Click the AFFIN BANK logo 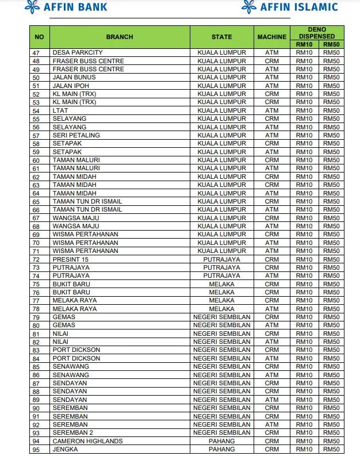[66, 7]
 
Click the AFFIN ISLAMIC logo [289, 7]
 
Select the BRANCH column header [120, 37]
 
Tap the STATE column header [221, 37]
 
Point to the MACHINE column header [271, 37]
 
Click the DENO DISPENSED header [317, 33]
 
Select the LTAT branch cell [60, 110]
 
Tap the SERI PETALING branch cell [76, 135]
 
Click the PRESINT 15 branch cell [71, 259]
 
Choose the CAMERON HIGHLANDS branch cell [87, 441]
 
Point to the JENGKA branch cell [65, 449]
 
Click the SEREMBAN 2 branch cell [72, 432]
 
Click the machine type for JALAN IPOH [271, 86]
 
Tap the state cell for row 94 [221, 441]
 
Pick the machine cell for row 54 [271, 110]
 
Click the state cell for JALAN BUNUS [221, 77]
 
